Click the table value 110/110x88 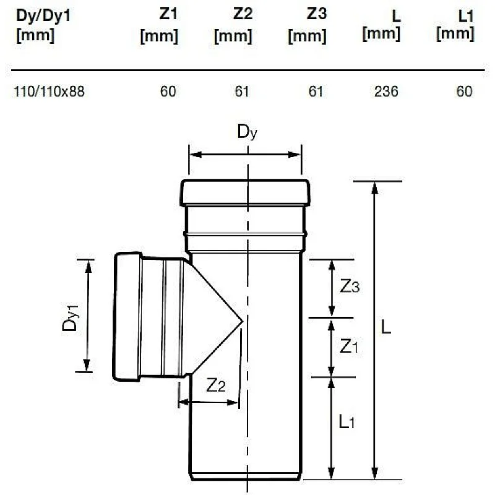(x=49, y=92)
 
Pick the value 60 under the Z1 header (x=168, y=92)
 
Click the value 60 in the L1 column (x=464, y=92)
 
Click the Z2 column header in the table (x=234, y=25)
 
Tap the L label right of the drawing (x=386, y=328)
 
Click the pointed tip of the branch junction (x=241, y=321)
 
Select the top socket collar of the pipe (x=245, y=192)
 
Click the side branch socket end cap (x=126, y=316)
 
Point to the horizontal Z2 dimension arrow (x=209, y=402)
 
